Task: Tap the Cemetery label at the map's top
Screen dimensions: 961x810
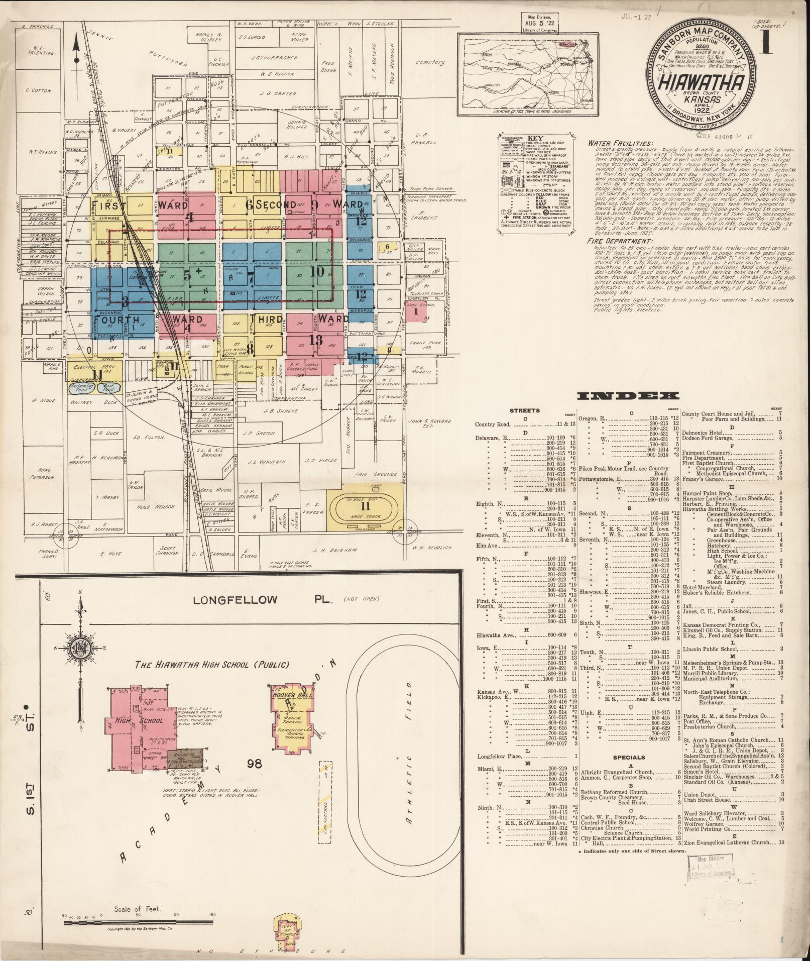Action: (x=430, y=63)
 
